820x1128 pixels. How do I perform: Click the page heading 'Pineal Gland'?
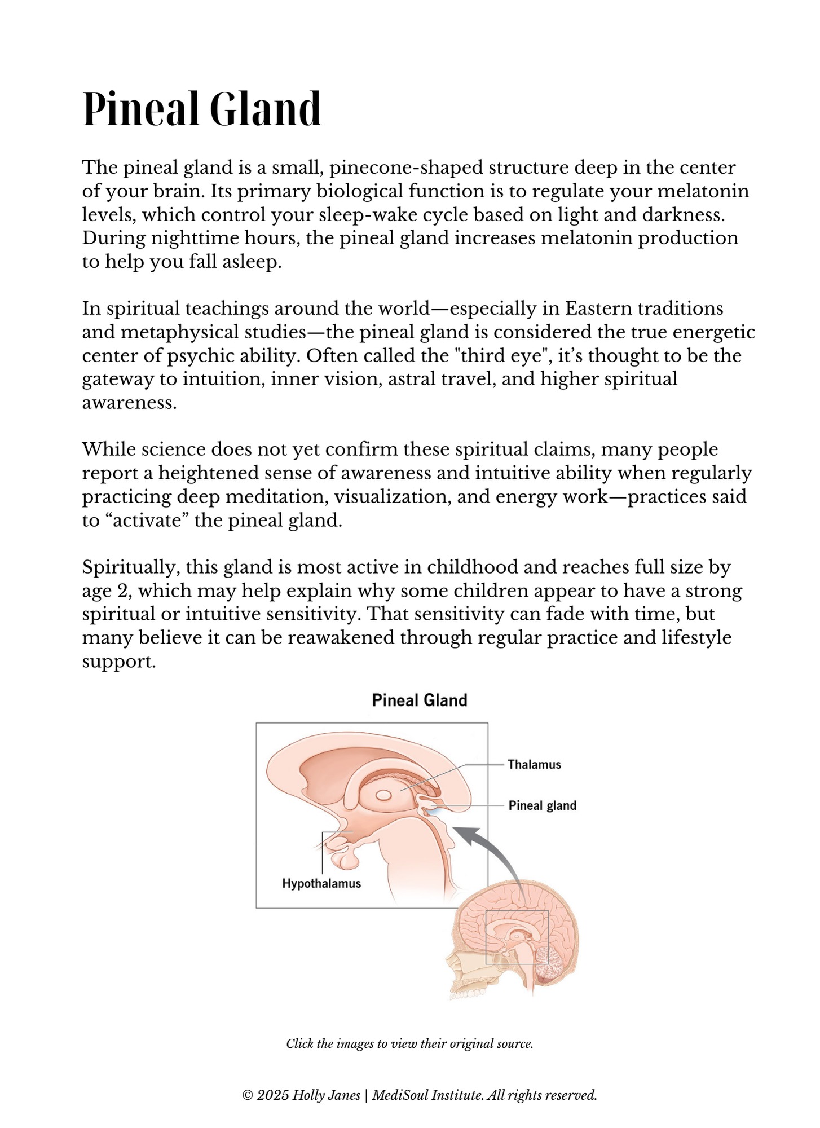(202, 109)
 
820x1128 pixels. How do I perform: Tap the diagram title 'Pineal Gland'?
(420, 700)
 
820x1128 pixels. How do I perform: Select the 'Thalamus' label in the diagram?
(534, 765)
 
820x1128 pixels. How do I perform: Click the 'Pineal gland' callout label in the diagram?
(542, 805)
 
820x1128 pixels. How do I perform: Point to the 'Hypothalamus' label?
(321, 884)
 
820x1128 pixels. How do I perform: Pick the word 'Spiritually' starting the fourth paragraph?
(130, 567)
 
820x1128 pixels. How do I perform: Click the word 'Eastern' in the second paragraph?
(599, 309)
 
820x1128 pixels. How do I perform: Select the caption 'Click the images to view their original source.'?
(409, 1044)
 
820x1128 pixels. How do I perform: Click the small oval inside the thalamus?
(383, 795)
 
